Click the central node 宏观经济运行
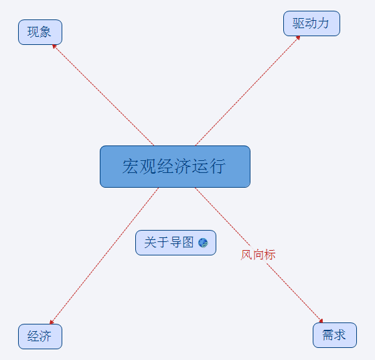tap(175, 167)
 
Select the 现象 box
tap(40, 32)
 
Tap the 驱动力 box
tap(311, 23)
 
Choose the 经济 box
tap(40, 337)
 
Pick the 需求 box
tap(335, 335)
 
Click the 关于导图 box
tap(175, 243)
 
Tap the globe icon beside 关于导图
tap(203, 243)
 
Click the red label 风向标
tap(258, 255)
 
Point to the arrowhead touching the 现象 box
tap(54, 46)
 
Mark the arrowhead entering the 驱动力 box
tap(298, 38)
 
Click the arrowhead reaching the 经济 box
tap(52, 322)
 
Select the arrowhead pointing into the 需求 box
tap(321, 320)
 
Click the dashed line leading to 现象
tap(103, 95)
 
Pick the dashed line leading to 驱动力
tap(248, 91)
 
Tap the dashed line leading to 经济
tap(104, 256)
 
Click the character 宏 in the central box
tap(131, 166)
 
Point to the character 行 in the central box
tap(218, 166)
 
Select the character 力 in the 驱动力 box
tap(323, 23)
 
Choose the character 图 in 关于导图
tap(188, 243)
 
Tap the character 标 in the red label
tap(270, 255)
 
